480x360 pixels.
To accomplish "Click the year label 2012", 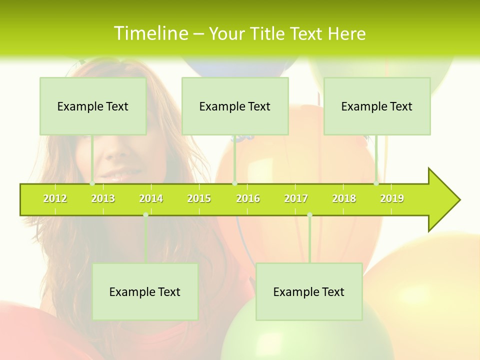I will (55, 198).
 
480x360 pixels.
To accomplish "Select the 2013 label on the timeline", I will (103, 198).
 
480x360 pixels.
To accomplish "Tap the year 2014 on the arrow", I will (151, 198).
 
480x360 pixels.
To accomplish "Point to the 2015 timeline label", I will (199, 198).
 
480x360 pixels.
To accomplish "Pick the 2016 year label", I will (248, 198).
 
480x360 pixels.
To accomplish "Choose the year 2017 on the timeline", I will (296, 198).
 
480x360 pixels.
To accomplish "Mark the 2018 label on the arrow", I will (344, 198).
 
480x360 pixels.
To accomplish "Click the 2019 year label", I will (392, 198).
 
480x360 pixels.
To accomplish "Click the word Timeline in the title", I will (150, 33).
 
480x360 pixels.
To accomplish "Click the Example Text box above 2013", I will (93, 106).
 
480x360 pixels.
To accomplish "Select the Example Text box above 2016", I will (235, 106).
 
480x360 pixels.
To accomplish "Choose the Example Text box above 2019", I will (377, 106).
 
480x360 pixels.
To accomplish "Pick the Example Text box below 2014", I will (145, 291).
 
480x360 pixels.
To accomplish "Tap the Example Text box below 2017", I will (309, 291).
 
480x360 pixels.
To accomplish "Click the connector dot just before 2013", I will (92, 183).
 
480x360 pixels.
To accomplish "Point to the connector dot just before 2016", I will (234, 183).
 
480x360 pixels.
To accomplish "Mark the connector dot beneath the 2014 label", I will (145, 214).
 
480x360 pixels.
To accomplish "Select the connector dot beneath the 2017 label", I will (309, 214).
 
